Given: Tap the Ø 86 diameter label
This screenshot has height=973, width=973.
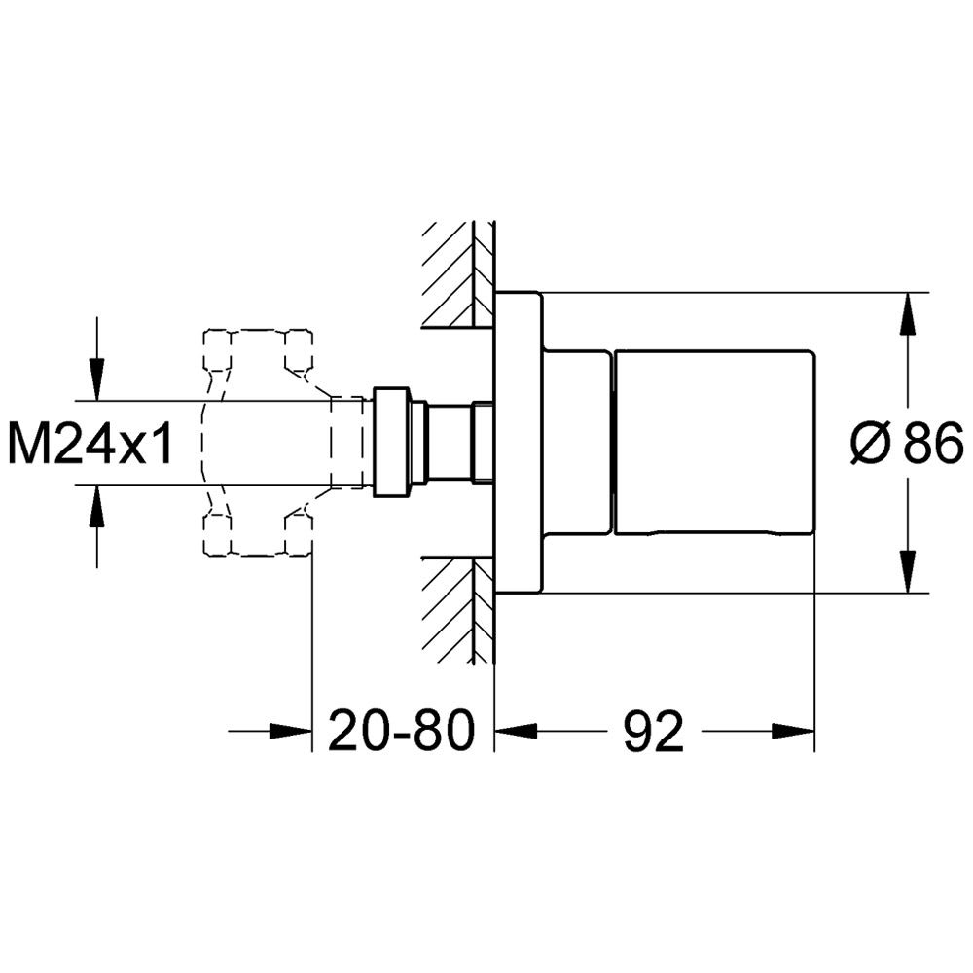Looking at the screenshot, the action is tap(907, 443).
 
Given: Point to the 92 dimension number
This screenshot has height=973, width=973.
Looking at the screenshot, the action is tap(654, 731).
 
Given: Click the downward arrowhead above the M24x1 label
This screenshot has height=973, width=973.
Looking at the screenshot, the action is tap(96, 379).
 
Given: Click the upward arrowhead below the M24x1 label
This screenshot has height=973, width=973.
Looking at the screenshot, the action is tap(96, 505).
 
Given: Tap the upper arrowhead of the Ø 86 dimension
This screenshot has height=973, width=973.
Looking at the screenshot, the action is tap(907, 313).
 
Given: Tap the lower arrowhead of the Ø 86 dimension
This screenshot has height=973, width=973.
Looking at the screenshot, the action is tap(907, 571).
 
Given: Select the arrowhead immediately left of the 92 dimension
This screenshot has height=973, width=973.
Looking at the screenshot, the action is tap(516, 731).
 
